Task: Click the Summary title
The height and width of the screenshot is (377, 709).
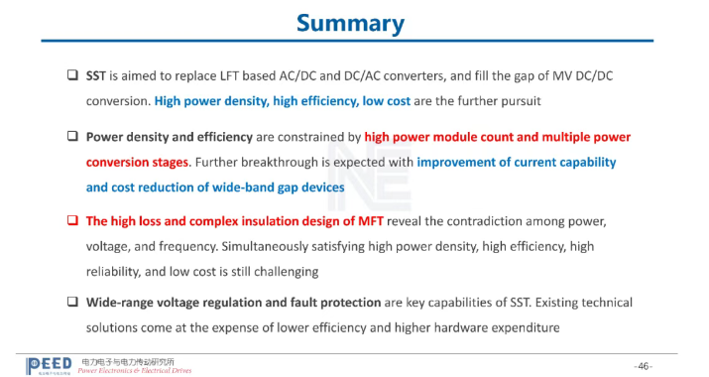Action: [x=350, y=24]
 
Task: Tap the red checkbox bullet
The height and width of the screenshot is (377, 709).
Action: [x=72, y=220]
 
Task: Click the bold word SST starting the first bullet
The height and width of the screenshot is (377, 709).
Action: [x=96, y=75]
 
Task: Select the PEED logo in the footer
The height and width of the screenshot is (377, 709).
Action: [x=49, y=366]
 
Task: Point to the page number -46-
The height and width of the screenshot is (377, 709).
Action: [x=644, y=366]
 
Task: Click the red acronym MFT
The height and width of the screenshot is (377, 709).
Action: [x=371, y=221]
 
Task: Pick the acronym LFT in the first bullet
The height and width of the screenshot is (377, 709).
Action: [x=229, y=75]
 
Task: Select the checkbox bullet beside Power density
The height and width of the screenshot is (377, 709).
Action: [x=72, y=136]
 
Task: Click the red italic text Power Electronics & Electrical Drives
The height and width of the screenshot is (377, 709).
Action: [x=135, y=371]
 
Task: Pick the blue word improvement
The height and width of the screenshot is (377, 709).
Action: [x=456, y=162]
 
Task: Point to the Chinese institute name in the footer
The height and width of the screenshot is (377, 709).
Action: [x=128, y=361]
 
